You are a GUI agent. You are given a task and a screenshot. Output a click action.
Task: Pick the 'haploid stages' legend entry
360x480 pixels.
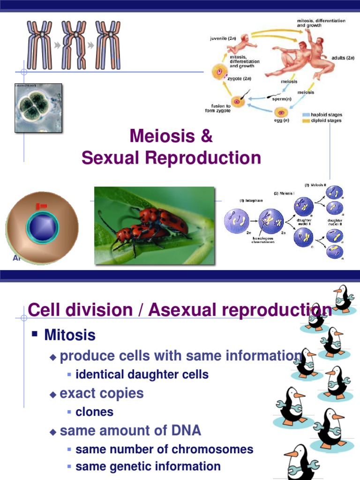click(326, 114)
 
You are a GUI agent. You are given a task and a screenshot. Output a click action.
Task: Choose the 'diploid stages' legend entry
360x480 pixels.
click(326, 120)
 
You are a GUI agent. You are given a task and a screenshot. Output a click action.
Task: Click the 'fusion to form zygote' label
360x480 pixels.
click(217, 108)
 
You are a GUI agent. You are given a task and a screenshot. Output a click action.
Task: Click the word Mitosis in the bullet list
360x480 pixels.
click(70, 335)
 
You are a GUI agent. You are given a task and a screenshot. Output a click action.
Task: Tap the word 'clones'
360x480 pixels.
click(94, 412)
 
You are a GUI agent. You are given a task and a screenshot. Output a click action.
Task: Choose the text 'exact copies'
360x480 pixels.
click(102, 393)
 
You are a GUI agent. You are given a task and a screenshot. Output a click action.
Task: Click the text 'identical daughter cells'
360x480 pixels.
click(142, 375)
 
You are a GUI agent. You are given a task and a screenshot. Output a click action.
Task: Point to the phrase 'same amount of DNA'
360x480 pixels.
click(131, 430)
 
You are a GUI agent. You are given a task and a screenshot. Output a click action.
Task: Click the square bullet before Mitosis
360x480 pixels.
click(35, 335)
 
